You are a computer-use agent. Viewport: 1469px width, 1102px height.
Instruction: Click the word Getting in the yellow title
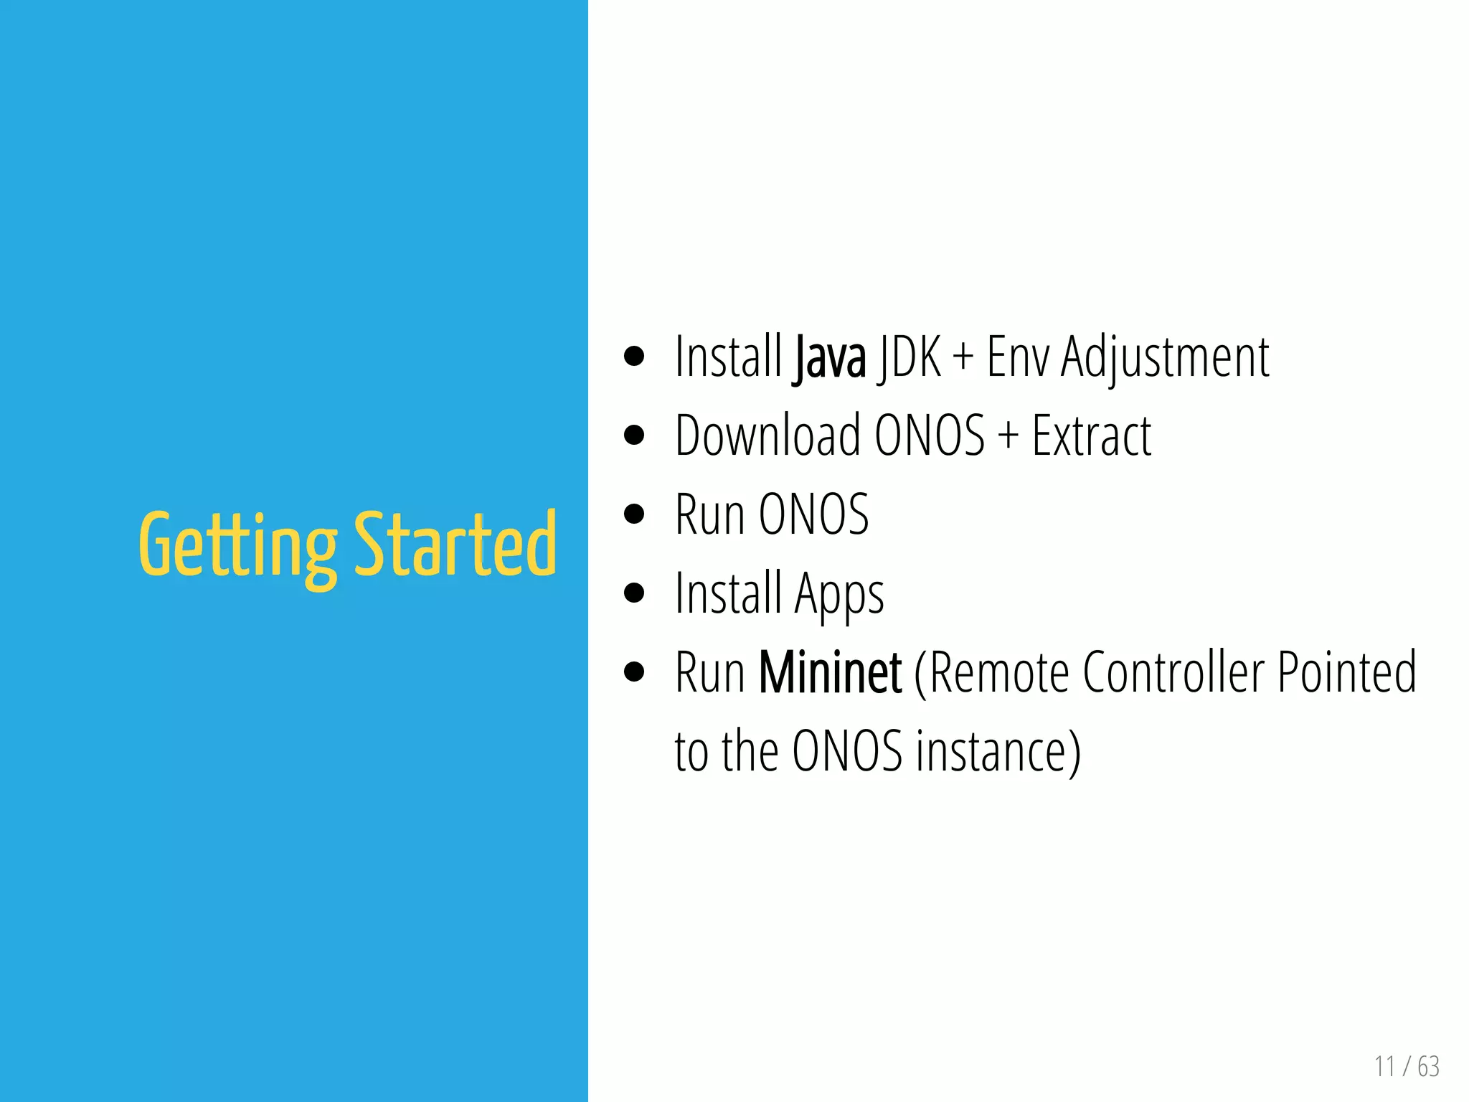(237, 545)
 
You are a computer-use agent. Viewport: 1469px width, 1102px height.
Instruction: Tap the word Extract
(1091, 435)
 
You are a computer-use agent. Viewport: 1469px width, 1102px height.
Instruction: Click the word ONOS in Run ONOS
(813, 514)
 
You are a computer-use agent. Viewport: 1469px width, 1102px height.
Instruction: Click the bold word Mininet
(830, 672)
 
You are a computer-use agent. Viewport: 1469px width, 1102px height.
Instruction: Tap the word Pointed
(1347, 672)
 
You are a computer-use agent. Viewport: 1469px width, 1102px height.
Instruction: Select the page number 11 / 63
(1407, 1066)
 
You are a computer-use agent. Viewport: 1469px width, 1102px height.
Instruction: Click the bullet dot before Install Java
(634, 357)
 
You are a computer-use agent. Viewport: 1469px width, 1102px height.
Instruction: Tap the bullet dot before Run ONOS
(634, 514)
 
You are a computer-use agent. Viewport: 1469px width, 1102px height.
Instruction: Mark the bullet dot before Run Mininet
(634, 672)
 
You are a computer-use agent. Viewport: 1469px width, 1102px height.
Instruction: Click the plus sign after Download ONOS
(1008, 435)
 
